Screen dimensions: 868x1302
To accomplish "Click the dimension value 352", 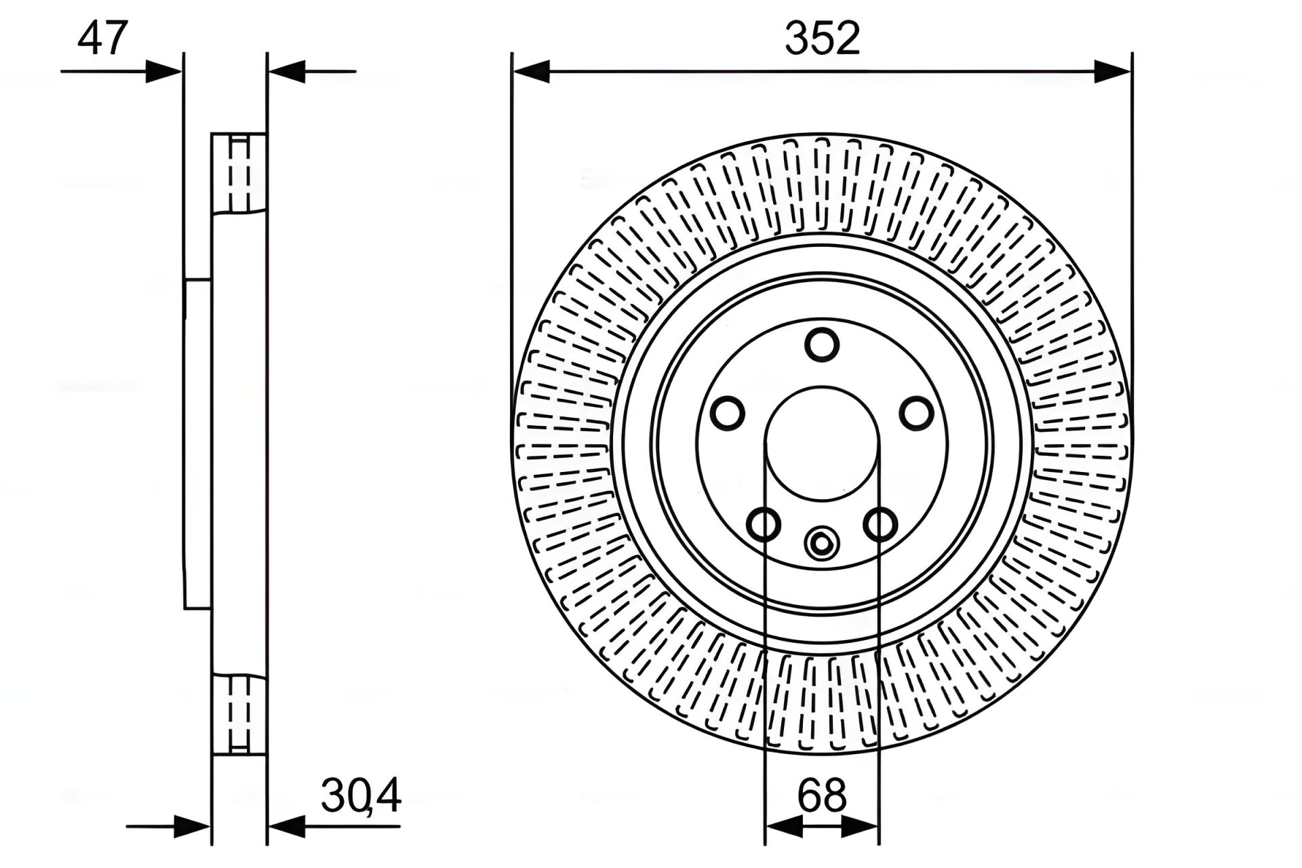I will click(x=822, y=39).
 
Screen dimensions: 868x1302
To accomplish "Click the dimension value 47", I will click(x=102, y=39).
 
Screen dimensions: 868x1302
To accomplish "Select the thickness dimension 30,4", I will click(x=361, y=796).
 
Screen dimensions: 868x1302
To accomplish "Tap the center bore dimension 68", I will click(x=822, y=796).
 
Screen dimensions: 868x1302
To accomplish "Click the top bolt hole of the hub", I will click(x=822, y=344).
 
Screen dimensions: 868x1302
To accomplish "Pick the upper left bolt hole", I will click(x=728, y=413).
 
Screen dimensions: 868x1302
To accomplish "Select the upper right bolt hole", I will click(x=916, y=413).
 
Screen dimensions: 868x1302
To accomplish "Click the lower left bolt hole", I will click(x=764, y=524).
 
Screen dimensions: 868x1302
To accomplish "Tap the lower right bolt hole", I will click(x=880, y=524).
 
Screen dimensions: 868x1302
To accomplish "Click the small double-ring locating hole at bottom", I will click(x=822, y=543).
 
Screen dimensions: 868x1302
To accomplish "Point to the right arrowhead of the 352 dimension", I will click(x=1113, y=71).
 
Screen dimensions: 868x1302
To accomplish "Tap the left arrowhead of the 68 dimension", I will click(x=783, y=827).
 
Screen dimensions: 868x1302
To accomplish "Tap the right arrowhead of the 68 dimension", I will click(x=861, y=827).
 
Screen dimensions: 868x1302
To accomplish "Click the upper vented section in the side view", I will click(x=239, y=172).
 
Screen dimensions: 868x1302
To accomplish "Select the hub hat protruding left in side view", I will click(x=197, y=444).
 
